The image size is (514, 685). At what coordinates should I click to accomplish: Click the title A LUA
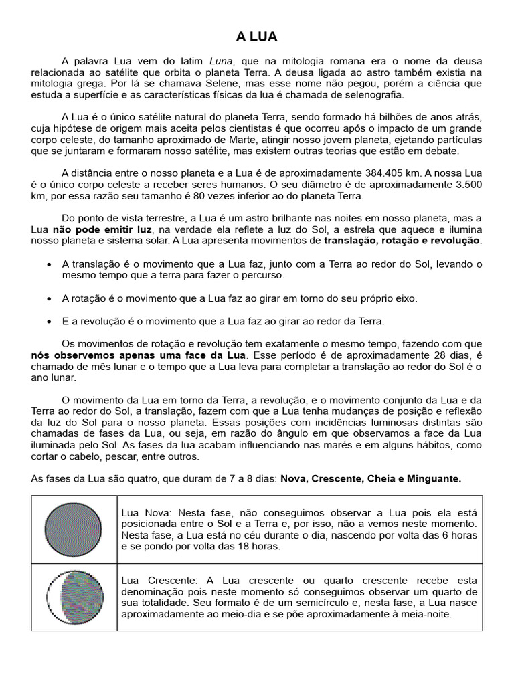click(257, 36)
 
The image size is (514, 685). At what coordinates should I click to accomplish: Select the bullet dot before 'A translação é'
click(50, 265)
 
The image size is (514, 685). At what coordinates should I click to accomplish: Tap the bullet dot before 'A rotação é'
click(50, 298)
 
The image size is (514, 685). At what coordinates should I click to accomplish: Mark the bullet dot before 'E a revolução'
click(50, 321)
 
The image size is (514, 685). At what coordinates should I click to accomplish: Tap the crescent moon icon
click(74, 597)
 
